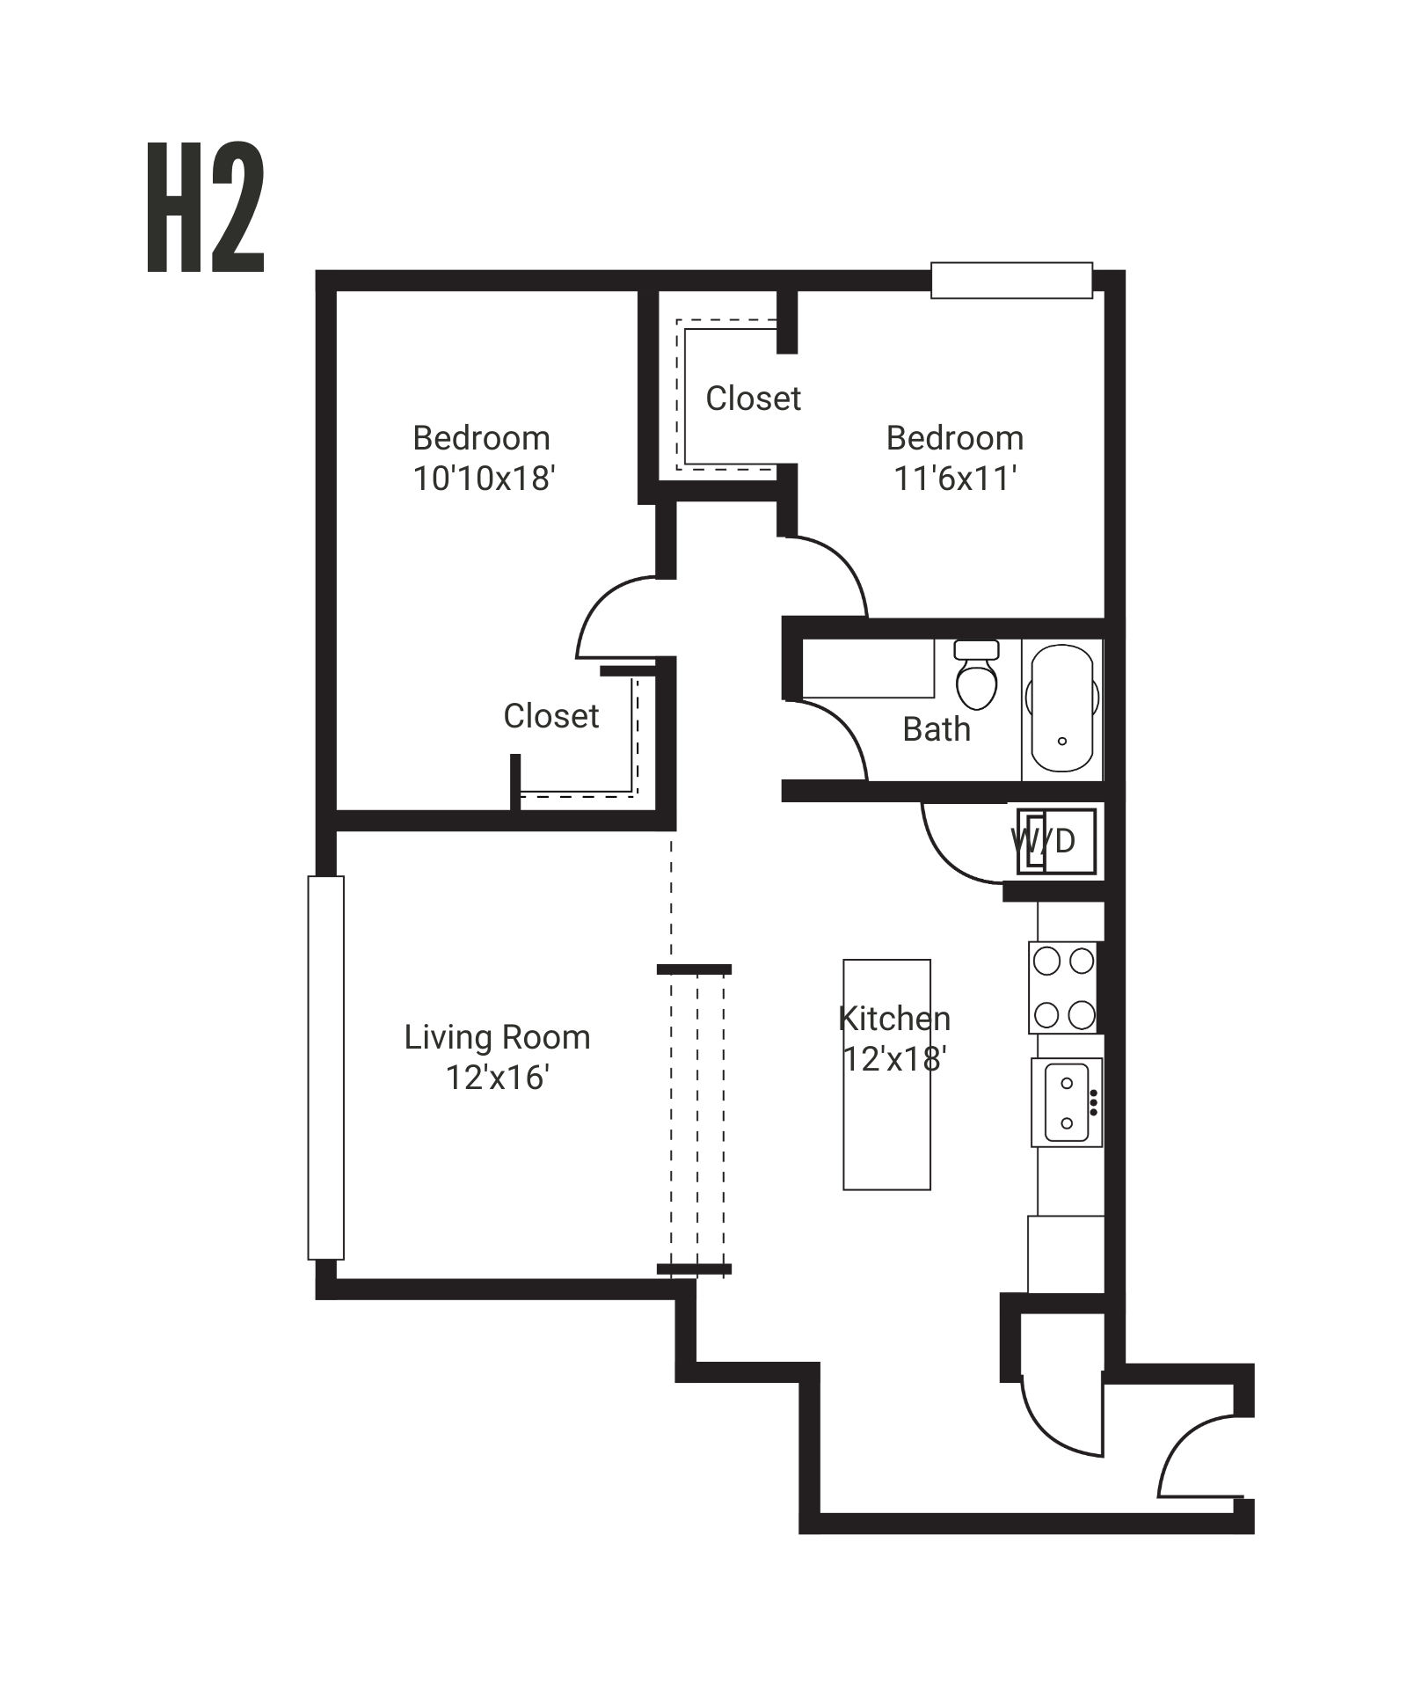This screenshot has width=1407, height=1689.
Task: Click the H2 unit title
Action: pos(205,207)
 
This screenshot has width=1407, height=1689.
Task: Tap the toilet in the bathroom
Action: pos(976,675)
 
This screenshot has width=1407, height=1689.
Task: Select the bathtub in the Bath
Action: pos(1061,709)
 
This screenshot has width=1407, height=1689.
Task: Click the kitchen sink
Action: pos(1066,1102)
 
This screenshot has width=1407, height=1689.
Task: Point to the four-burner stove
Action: pos(1063,987)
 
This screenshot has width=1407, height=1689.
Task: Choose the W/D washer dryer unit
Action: pos(1056,841)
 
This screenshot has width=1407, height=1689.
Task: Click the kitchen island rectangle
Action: pos(886,1074)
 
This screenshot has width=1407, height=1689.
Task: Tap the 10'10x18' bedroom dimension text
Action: pos(484,479)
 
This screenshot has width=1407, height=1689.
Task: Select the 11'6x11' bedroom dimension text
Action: pos(955,479)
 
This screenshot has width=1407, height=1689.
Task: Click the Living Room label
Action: pos(497,1038)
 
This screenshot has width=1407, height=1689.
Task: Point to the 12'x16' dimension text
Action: pos(498,1078)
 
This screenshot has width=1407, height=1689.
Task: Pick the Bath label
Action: pos(937,729)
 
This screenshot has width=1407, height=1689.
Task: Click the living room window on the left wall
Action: pos(325,1067)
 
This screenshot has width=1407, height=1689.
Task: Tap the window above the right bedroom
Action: pos(1012,280)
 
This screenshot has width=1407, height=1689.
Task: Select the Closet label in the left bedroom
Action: pos(551,716)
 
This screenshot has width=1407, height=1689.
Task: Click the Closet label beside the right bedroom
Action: pos(754,398)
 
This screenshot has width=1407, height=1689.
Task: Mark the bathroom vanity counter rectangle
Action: pos(868,669)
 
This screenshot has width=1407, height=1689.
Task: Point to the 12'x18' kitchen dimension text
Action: pos(894,1059)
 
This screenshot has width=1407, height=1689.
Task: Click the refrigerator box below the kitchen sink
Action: pos(1066,1254)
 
